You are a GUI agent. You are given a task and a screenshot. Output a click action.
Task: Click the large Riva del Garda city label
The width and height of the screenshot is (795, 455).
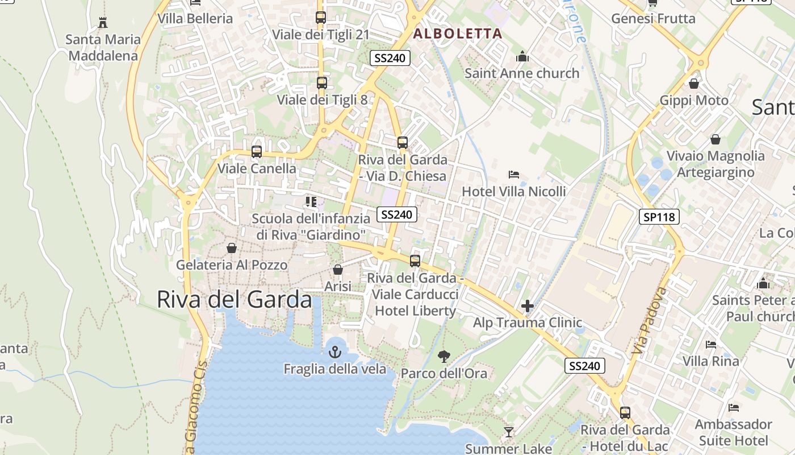coord(234,300)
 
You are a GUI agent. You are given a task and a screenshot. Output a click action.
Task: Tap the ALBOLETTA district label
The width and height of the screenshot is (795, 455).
coord(458,34)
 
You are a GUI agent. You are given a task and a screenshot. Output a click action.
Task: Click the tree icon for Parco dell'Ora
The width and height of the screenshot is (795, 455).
coord(444,357)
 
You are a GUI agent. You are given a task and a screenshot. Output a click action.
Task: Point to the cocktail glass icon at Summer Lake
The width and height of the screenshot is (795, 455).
coord(509,432)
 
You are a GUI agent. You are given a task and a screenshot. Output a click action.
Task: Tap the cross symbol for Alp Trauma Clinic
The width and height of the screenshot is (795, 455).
coord(528,307)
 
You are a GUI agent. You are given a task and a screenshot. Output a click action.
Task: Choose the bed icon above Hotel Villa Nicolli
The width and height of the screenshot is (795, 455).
coord(514,175)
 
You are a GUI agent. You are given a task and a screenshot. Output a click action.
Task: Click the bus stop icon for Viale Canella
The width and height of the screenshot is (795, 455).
coord(257,152)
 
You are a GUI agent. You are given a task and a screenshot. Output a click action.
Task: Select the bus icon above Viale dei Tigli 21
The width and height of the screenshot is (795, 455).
coord(321,18)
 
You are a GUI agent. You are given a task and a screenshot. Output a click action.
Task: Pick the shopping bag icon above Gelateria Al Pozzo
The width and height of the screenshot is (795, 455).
coord(232,248)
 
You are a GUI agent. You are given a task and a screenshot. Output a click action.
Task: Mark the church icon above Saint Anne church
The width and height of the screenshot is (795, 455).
coord(522,56)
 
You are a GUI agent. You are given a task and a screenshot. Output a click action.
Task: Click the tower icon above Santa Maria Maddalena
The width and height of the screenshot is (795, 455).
coord(103,23)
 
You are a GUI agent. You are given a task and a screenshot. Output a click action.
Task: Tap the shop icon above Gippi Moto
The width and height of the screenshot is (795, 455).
coord(693,84)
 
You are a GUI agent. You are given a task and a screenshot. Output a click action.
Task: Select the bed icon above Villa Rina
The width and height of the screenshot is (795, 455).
coord(710,344)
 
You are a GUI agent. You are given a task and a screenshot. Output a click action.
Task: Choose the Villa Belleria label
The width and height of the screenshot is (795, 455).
coord(195,18)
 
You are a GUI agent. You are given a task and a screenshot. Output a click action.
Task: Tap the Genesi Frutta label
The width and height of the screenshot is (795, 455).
coord(653,18)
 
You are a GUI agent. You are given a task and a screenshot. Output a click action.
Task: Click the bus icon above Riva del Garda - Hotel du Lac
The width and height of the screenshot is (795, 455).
coord(625,413)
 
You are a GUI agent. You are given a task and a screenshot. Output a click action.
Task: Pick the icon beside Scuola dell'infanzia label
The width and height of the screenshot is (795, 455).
coord(311,201)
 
